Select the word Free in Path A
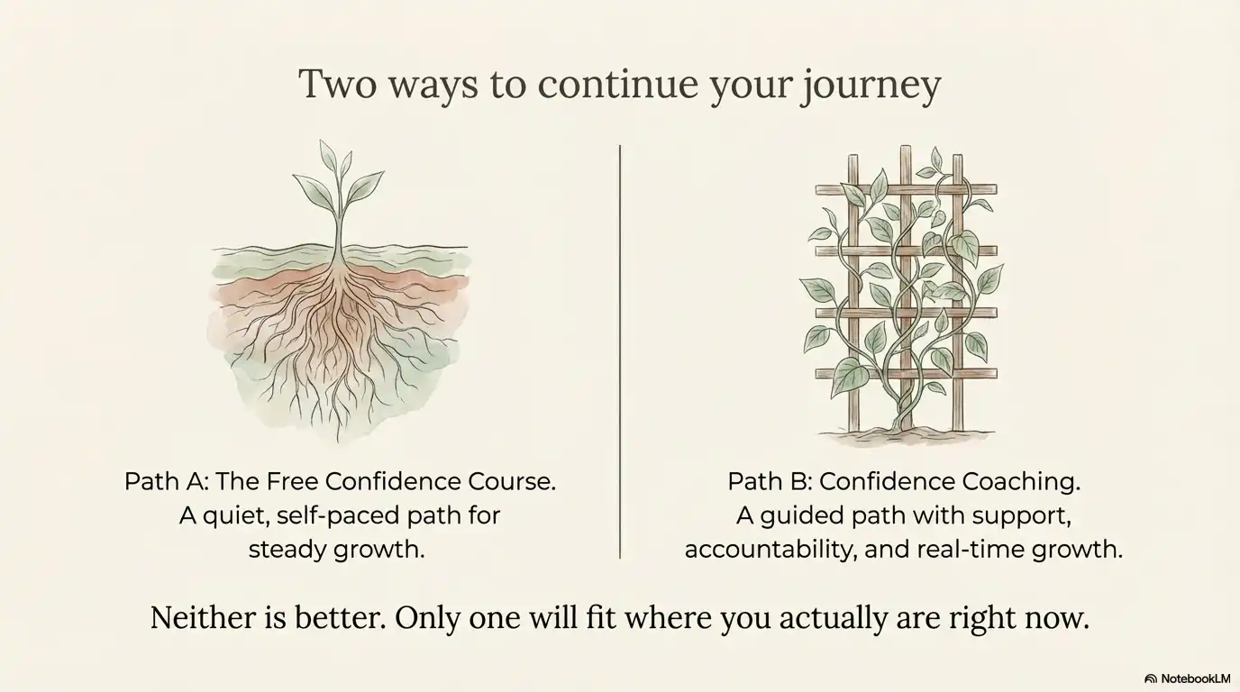pyautogui.click(x=292, y=481)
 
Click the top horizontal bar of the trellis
pyautogui.click(x=906, y=190)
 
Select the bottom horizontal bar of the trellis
pyautogui.click(x=906, y=373)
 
